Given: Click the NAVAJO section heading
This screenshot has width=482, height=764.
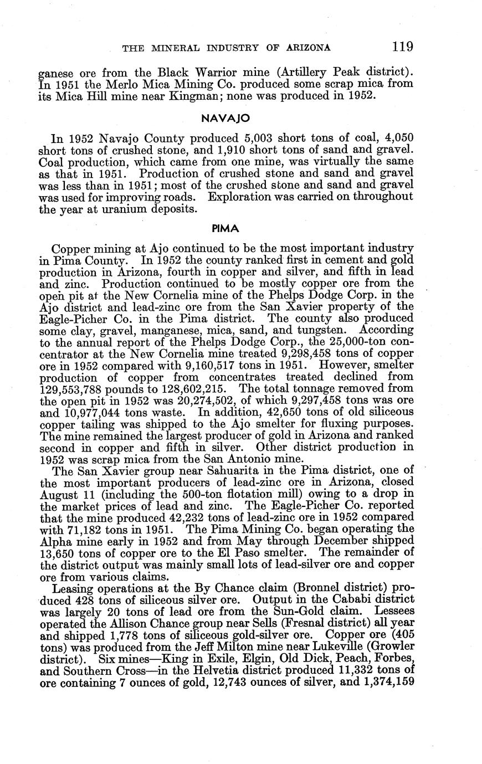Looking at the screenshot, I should [226, 118].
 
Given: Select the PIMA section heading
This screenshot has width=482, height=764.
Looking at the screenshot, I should [225, 228].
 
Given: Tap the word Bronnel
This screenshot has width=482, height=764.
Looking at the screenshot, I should [326, 587].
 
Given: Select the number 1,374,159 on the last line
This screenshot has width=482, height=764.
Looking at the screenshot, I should [387, 683].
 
